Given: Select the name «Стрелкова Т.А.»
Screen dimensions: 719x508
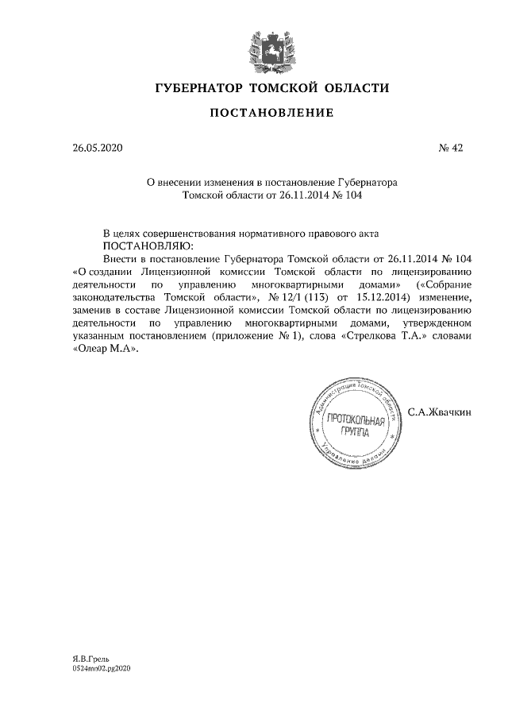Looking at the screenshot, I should (404, 336).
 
